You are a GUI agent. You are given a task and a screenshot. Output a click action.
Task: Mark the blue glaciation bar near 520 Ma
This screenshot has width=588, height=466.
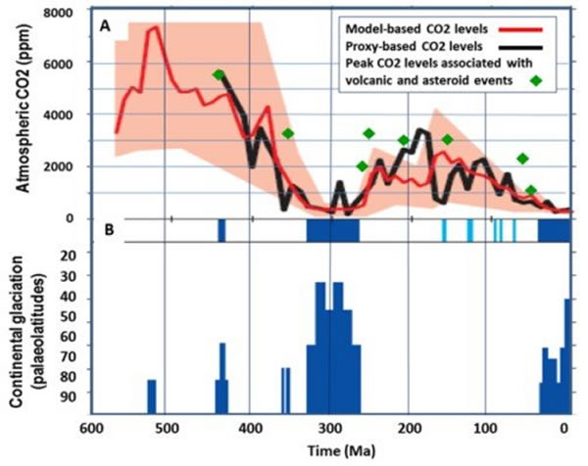(x=152, y=396)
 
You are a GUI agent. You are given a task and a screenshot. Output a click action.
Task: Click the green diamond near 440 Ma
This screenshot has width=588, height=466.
(x=219, y=74)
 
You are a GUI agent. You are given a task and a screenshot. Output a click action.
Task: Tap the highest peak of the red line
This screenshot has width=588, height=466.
(x=154, y=27)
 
